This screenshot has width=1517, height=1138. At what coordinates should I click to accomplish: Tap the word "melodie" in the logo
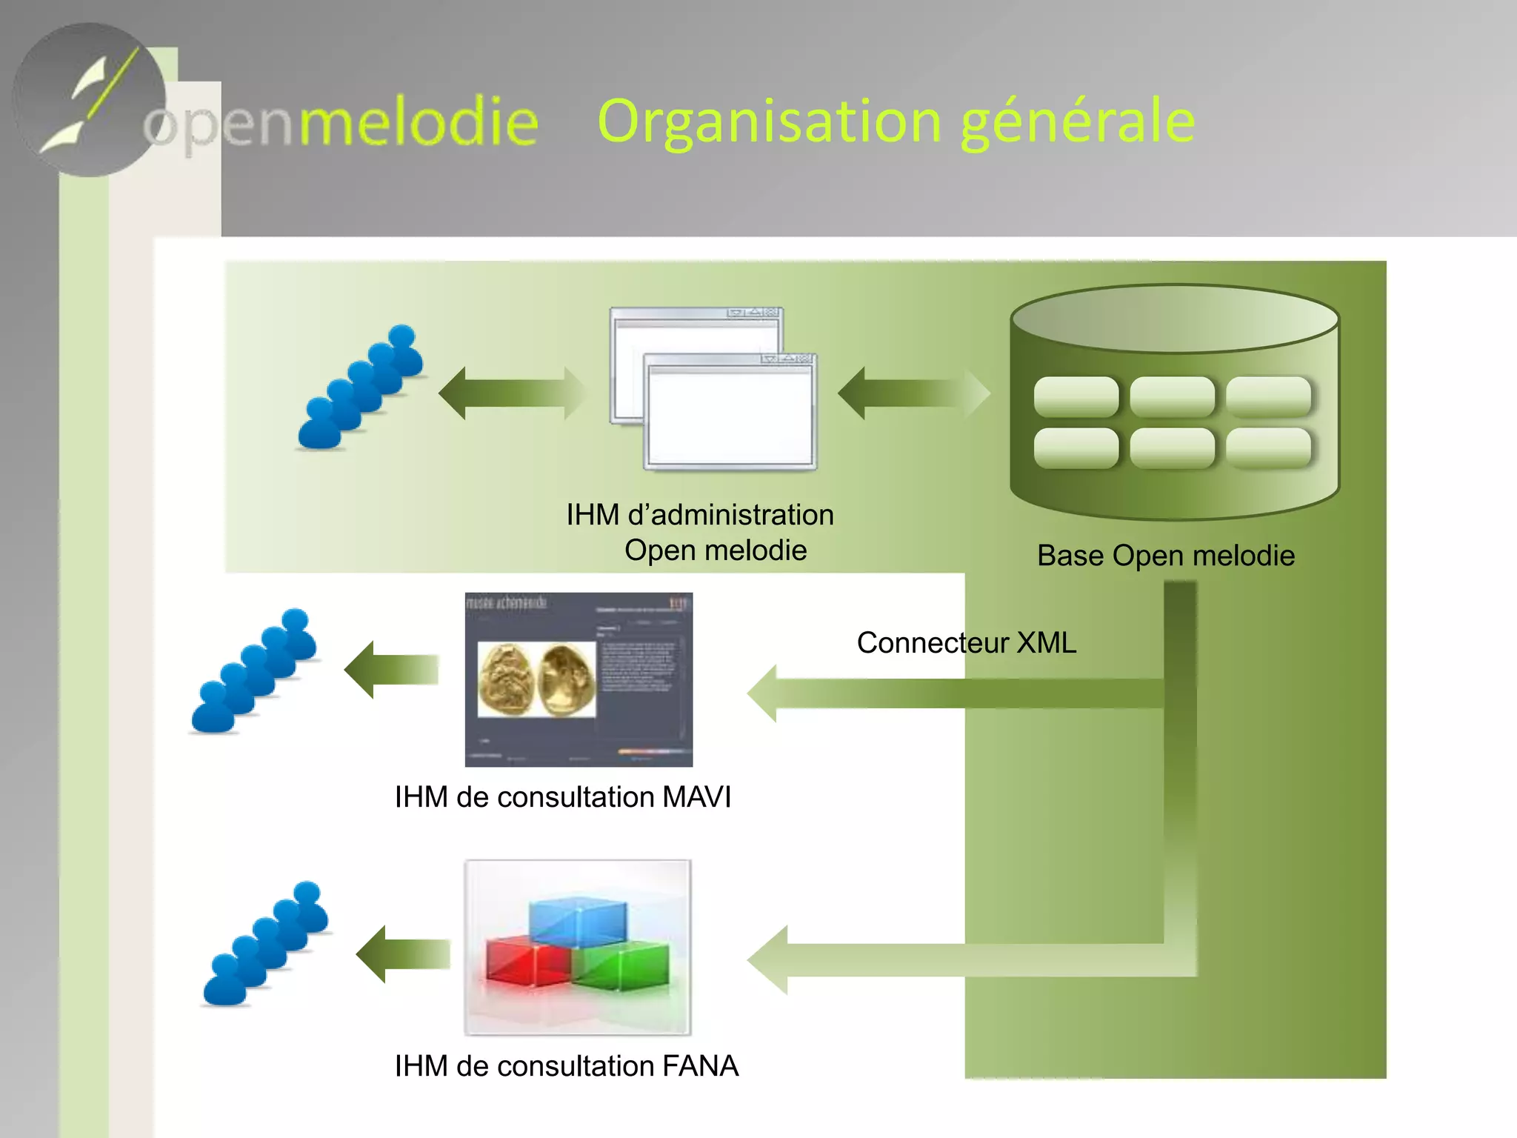pyautogui.click(x=419, y=123)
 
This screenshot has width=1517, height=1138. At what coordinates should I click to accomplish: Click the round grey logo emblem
pyautogui.click(x=89, y=100)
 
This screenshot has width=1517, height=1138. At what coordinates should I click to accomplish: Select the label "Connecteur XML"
pyautogui.click(x=966, y=642)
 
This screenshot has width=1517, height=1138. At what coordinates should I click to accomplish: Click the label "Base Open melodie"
pyautogui.click(x=1165, y=556)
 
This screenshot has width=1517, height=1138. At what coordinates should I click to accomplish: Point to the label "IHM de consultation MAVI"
pyautogui.click(x=563, y=797)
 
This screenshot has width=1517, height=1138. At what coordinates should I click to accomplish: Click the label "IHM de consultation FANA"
pyautogui.click(x=566, y=1066)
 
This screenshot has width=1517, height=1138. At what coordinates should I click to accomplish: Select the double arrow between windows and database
pyautogui.click(x=913, y=393)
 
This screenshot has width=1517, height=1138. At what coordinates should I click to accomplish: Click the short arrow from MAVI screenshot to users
pyautogui.click(x=391, y=670)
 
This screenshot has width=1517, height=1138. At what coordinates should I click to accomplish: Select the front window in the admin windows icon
pyautogui.click(x=730, y=415)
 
